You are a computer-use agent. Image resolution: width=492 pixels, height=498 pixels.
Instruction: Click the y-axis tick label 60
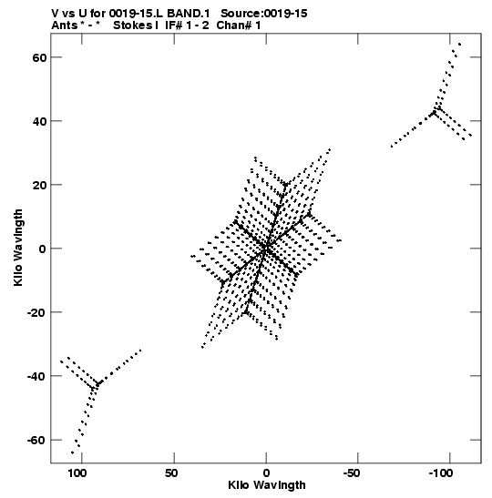(39, 57)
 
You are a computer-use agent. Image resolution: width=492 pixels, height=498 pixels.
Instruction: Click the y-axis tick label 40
(39, 121)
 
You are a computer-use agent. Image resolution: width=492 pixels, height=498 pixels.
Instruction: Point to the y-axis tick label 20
(39, 185)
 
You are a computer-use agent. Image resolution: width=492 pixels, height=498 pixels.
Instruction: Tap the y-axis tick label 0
(43, 249)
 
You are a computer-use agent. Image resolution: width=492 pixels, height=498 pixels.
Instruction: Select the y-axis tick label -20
(36, 312)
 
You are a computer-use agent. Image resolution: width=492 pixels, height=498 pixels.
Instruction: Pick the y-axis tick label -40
(36, 376)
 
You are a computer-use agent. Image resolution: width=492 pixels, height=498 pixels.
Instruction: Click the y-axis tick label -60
(36, 441)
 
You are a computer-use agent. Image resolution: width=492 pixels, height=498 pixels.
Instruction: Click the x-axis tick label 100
(77, 473)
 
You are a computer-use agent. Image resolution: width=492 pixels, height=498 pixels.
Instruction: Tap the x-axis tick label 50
(171, 473)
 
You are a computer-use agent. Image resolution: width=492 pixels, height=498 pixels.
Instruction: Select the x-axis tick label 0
(266, 473)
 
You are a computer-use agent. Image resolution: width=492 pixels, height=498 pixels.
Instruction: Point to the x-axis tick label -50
(352, 473)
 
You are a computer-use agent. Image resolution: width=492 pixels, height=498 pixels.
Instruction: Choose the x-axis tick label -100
(441, 473)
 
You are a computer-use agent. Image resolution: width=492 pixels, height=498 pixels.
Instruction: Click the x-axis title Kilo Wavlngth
(267, 485)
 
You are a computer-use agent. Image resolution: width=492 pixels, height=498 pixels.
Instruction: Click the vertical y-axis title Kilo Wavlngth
(18, 248)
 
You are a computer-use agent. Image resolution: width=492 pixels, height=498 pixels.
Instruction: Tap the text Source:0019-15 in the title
(264, 14)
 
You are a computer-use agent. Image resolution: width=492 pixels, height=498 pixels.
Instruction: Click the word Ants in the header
(65, 25)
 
